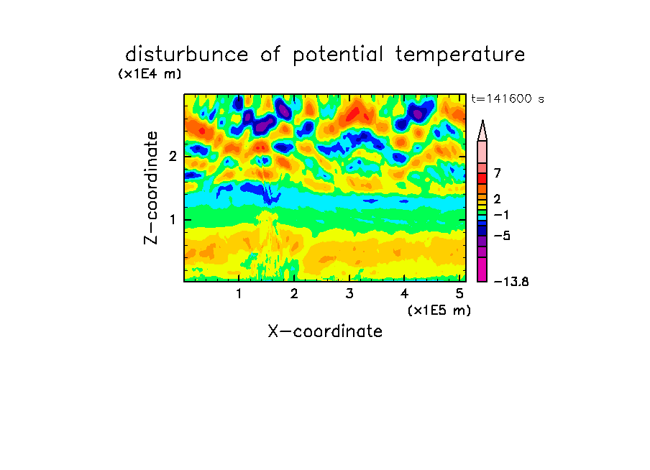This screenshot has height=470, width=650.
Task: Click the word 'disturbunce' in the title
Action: coord(187,55)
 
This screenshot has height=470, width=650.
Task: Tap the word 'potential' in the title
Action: coord(338,55)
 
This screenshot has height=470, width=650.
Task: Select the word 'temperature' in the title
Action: coord(460,55)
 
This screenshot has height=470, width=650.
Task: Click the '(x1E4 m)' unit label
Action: coord(150,74)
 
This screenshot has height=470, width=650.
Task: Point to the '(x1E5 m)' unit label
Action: coord(439,310)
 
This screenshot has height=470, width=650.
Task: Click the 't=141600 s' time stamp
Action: coord(508,98)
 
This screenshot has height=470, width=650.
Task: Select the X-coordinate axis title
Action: coord(325,331)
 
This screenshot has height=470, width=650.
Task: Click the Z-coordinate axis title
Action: coord(151,188)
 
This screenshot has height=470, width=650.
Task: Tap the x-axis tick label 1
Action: coord(239,294)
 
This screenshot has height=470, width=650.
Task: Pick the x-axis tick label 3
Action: coord(349,294)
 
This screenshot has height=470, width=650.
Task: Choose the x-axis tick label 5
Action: coord(459,294)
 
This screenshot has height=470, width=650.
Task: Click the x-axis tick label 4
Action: coord(404,294)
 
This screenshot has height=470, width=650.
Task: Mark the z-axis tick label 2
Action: coord(173,157)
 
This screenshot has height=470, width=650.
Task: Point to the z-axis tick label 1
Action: coord(173,220)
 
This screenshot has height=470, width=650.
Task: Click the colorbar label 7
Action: coord(498,173)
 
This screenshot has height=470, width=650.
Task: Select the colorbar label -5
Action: coord(502,236)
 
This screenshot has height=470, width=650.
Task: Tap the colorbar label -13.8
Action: coord(511,282)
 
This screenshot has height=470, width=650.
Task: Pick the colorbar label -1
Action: coord(501,215)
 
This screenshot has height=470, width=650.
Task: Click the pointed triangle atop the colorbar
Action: coord(482,130)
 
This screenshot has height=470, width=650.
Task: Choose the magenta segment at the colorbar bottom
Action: coord(482,269)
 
